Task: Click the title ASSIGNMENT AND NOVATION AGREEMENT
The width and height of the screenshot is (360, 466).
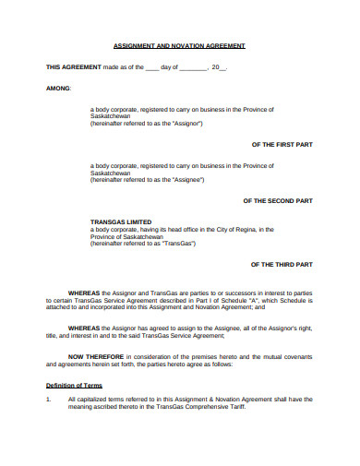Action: (x=178, y=45)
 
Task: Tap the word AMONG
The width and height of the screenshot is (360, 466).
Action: (x=58, y=89)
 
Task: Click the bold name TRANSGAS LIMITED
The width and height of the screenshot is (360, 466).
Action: (x=121, y=221)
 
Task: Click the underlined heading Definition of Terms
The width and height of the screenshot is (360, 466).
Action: (x=74, y=385)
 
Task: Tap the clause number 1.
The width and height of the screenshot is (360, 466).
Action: (x=48, y=399)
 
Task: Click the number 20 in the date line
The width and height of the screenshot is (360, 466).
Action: (x=215, y=67)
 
